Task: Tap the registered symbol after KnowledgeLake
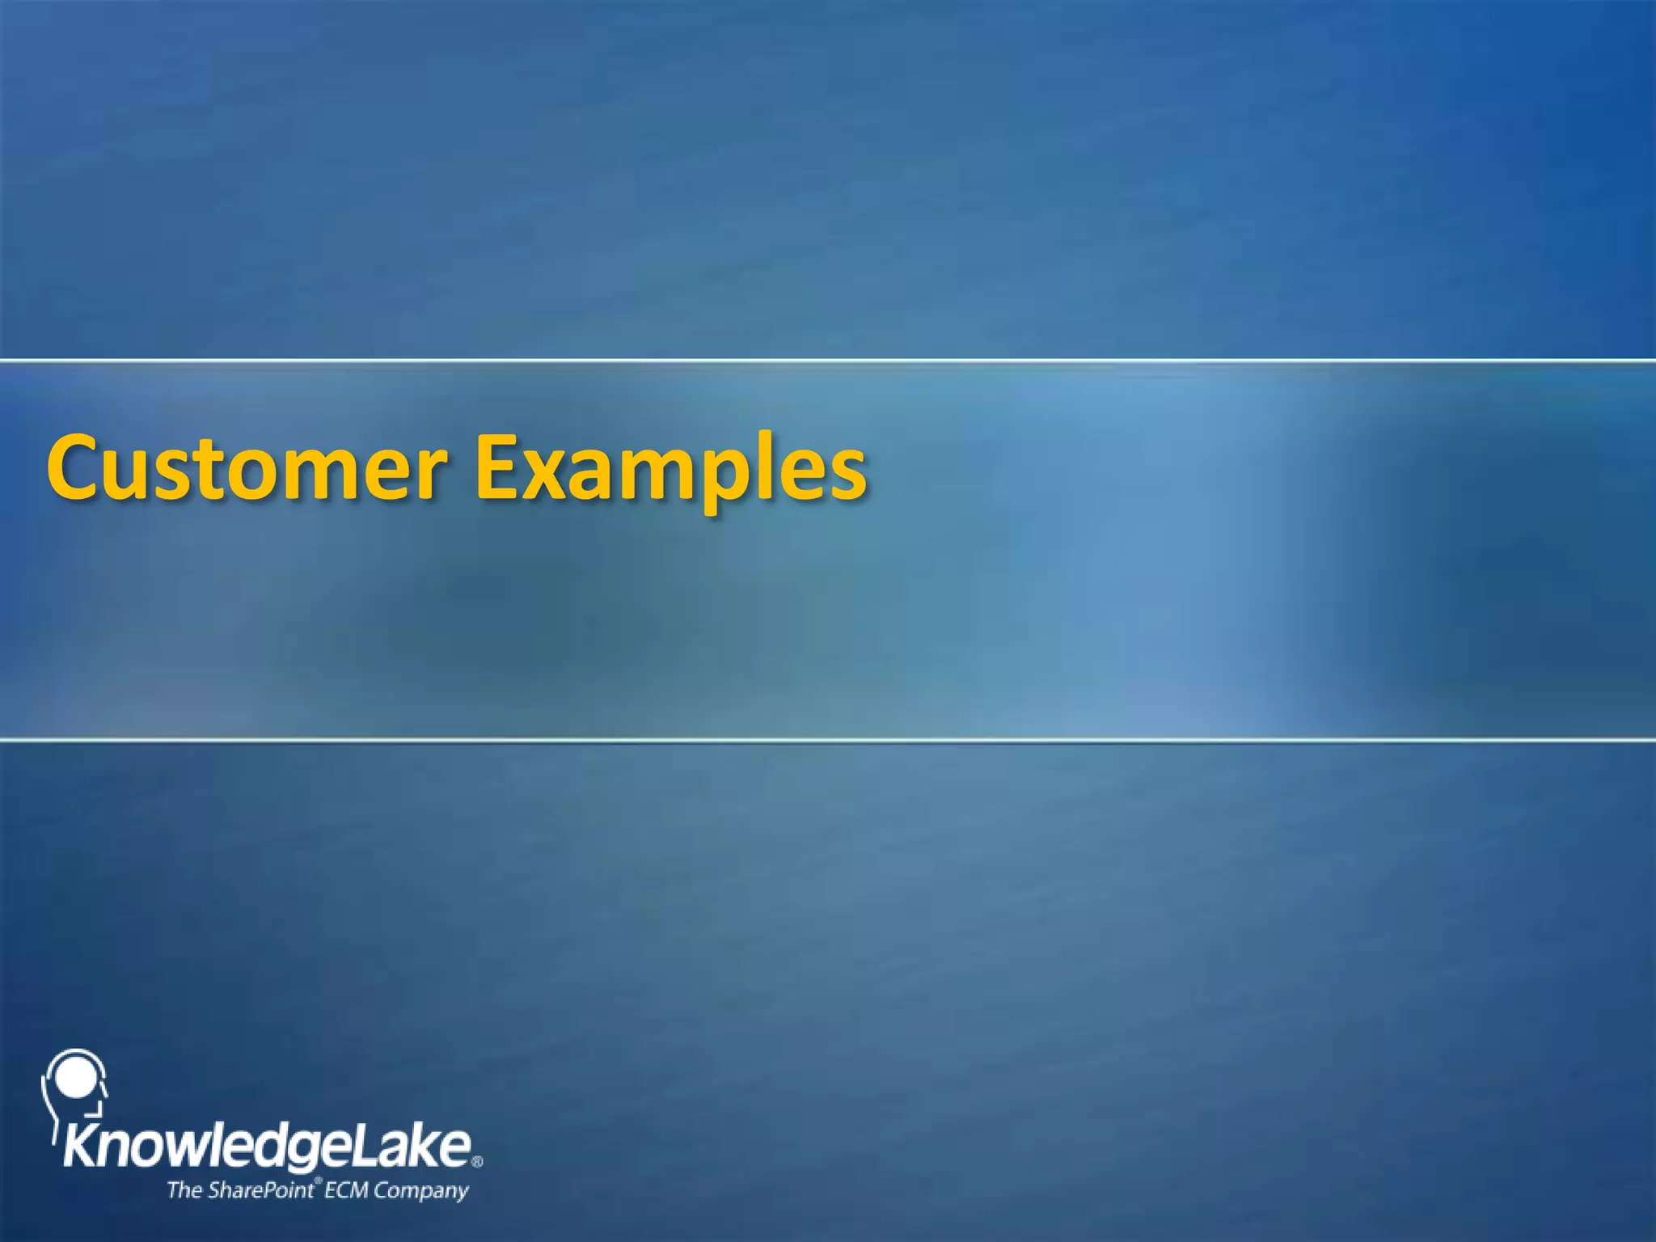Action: (477, 1162)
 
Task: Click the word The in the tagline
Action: (184, 1189)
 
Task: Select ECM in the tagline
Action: (347, 1189)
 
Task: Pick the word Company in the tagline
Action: (420, 1191)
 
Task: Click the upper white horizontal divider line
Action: (828, 360)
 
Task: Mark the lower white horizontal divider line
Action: (828, 739)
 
